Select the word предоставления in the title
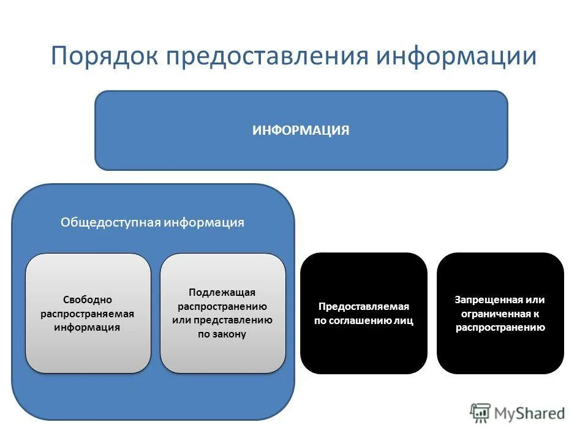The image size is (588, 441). pos(266,56)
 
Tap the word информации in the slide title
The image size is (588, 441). pos(456,56)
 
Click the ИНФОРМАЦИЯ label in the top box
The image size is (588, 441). pos(301,130)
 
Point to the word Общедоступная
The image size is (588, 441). pos(111,222)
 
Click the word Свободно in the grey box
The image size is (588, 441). pos(88,300)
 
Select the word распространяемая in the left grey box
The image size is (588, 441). pos(88,314)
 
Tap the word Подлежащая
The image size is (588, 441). pos(222,293)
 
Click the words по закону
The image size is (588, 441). pos(222,334)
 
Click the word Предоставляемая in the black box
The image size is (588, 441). pos(364,306)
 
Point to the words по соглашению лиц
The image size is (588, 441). pos(364,320)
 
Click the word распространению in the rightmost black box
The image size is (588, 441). pos(500,327)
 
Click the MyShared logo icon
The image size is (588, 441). pos(481,413)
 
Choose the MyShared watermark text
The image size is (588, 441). pos(530,413)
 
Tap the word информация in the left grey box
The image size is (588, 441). pos(88,327)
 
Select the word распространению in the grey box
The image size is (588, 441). pos(222,306)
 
